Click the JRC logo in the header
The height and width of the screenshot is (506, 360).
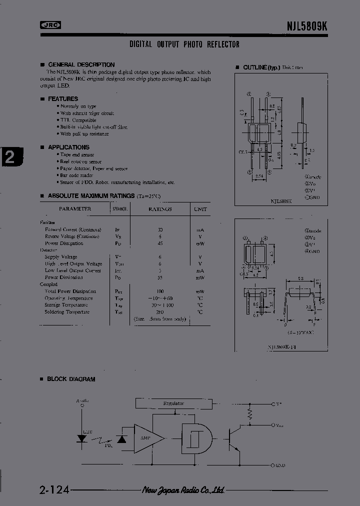click(x=50, y=25)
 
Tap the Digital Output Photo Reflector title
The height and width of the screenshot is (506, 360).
click(x=184, y=44)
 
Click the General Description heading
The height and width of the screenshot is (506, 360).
click(x=81, y=64)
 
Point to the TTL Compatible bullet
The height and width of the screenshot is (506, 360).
click(x=77, y=120)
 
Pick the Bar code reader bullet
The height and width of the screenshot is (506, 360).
click(x=76, y=175)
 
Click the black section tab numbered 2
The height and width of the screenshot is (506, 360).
click(x=10, y=158)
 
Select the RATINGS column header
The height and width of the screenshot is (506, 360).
click(x=159, y=209)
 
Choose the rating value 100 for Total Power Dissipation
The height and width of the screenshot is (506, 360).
click(x=159, y=291)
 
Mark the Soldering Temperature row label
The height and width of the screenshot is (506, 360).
click(x=67, y=312)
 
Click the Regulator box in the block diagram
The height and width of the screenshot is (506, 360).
click(x=173, y=403)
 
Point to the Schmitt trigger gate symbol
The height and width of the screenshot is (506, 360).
click(x=194, y=438)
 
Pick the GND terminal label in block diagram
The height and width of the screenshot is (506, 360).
click(x=279, y=465)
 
